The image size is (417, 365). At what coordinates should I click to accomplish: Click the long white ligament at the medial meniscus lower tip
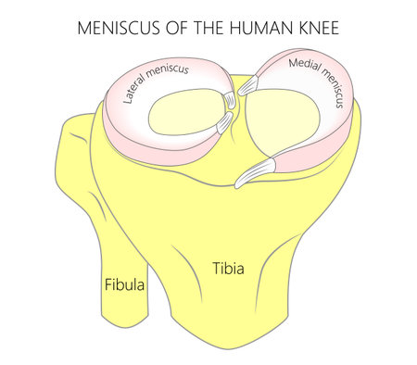point(257,170)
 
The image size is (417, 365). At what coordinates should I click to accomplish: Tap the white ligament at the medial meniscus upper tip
point(249,86)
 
